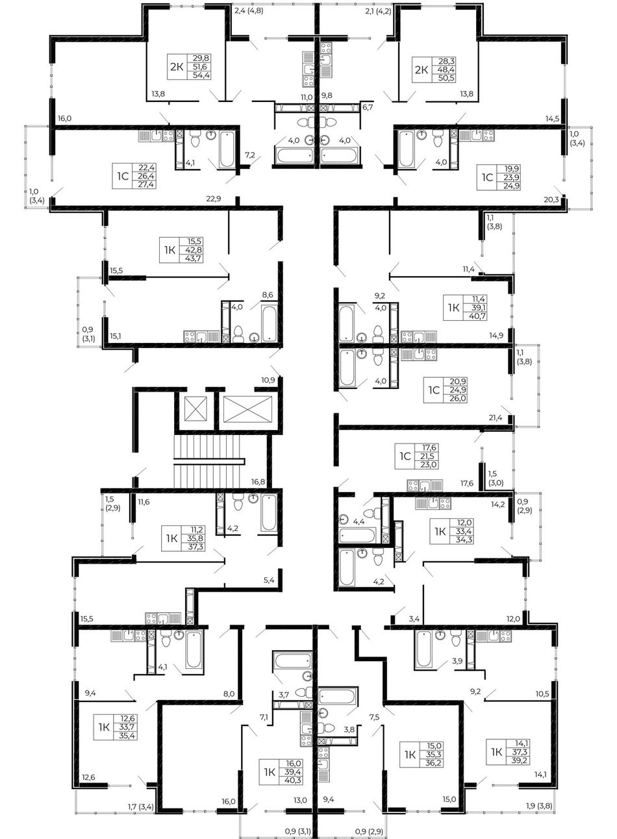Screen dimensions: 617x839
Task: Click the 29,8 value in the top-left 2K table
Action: coord(201,58)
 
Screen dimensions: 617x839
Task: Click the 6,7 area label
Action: coord(368,108)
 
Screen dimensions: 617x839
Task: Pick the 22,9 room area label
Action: coord(214,199)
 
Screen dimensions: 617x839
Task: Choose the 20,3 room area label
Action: coord(551,199)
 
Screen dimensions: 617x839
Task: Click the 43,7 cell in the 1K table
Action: coord(193,258)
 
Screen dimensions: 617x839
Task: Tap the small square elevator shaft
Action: coord(195,408)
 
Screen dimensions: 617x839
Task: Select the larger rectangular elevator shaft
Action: coord(247,408)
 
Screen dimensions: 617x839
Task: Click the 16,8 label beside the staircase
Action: coord(258,482)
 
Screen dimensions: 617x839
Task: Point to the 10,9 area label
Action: coord(268,380)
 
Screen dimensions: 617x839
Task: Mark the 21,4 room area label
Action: coord(496,418)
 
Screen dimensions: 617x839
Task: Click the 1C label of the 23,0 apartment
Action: coord(405,457)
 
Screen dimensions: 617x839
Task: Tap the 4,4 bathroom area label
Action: coord(359,521)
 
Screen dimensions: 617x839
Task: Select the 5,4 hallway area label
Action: coord(269,581)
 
